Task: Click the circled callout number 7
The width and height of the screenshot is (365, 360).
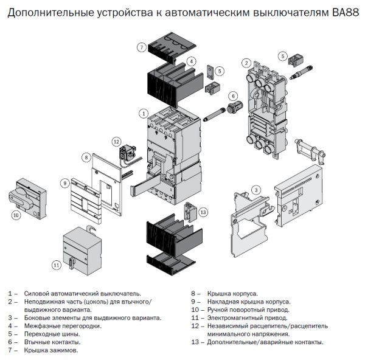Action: (x=141, y=47)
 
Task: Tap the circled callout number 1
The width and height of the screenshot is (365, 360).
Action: (x=144, y=113)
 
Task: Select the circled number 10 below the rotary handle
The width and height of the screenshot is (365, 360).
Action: (x=16, y=214)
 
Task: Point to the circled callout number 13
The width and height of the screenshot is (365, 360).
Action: (x=203, y=212)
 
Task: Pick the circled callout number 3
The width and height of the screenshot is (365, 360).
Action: (x=257, y=190)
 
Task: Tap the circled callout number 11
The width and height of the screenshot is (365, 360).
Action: (x=57, y=265)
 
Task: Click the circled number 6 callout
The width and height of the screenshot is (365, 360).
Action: (x=232, y=96)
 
